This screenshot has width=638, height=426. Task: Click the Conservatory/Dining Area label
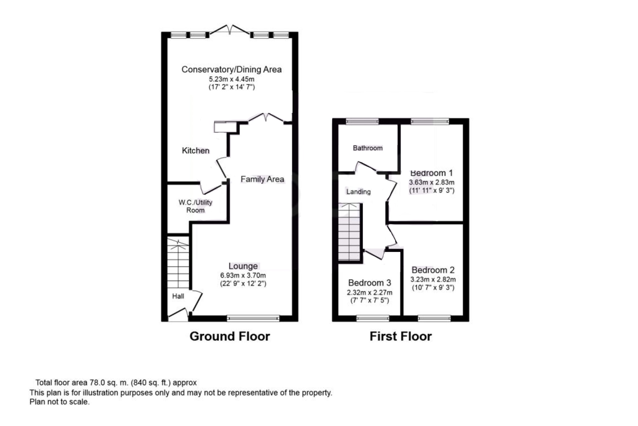tap(231, 70)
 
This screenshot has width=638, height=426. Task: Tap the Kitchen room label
tap(195, 151)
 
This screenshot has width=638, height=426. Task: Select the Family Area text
tap(262, 179)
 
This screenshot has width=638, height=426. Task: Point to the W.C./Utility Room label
tap(195, 206)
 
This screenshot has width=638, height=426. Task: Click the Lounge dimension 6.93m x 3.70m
tap(243, 275)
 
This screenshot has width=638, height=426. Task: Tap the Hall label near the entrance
tap(178, 296)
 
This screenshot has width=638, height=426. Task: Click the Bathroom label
tap(368, 148)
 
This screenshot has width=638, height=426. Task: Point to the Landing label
tap(358, 192)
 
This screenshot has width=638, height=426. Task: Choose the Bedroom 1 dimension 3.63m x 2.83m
tap(431, 182)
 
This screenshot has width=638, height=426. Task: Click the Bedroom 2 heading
tap(433, 270)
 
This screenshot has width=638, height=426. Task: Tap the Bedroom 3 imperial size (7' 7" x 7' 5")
tap(369, 301)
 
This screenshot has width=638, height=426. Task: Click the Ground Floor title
tap(230, 336)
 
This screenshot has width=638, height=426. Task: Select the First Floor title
tap(400, 336)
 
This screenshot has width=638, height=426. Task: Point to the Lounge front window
tap(253, 318)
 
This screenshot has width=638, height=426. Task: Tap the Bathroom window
tap(362, 121)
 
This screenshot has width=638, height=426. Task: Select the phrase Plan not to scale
tap(59, 402)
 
